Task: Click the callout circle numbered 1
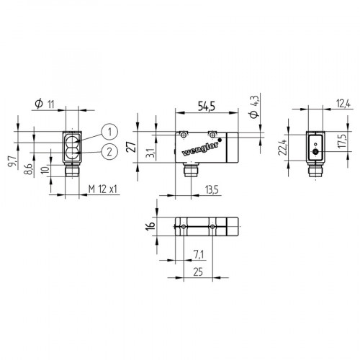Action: (x=109, y=132)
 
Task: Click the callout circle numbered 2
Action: (x=109, y=151)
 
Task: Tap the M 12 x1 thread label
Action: (x=103, y=189)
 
